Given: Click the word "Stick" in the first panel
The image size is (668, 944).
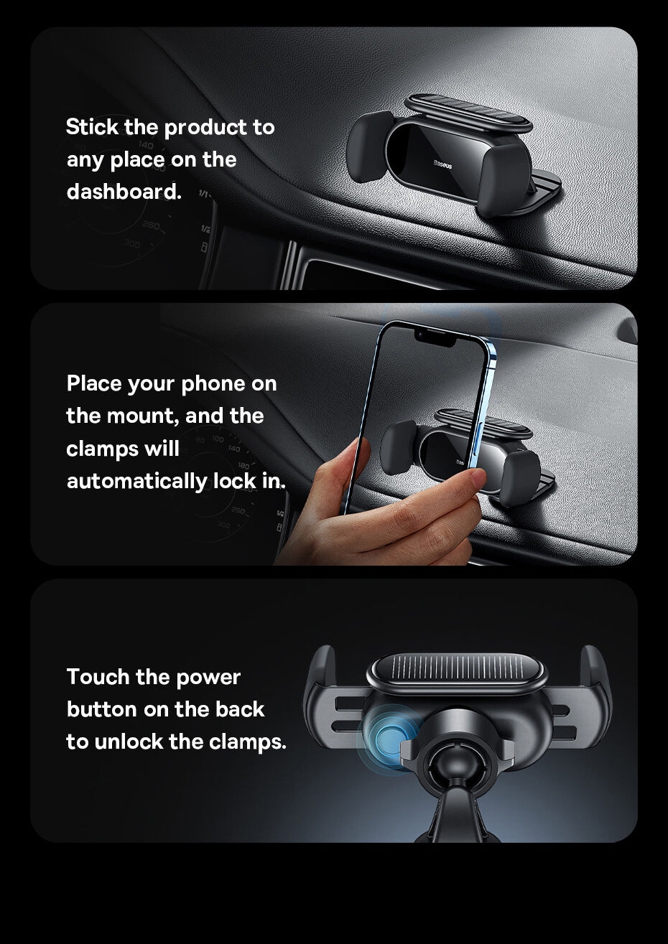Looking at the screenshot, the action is (92, 127).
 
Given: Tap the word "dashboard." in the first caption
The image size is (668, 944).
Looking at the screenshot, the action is (124, 192).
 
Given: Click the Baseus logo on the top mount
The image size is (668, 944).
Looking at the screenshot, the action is (442, 164).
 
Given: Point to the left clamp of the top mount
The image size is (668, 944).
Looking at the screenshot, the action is (370, 146).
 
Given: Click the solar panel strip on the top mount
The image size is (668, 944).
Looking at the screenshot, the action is (468, 113).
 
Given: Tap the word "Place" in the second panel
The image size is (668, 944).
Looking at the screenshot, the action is (93, 384).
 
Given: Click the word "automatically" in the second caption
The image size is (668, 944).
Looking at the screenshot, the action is (137, 481).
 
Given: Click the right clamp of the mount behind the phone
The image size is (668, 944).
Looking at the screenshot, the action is (519, 477).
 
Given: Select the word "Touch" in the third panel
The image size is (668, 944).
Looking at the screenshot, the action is (98, 677).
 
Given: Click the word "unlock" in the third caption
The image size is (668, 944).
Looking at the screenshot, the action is (128, 742).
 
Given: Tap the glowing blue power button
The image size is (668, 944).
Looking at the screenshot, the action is (389, 739).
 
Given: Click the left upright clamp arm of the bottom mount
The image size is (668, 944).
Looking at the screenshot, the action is (321, 696).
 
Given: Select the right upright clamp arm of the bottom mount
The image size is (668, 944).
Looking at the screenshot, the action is (595, 696).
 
